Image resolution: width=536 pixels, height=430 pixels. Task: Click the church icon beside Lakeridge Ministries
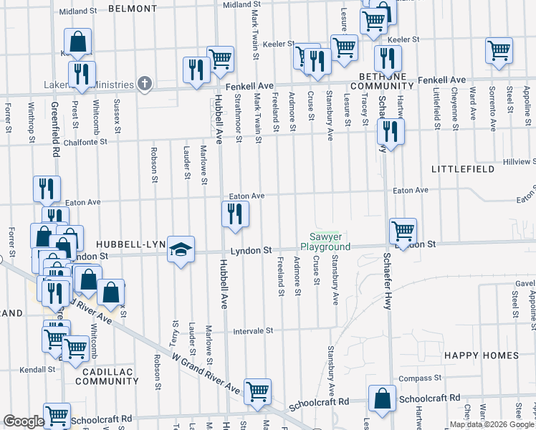(144, 84)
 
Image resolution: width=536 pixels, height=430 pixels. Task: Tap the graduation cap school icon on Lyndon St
(181, 249)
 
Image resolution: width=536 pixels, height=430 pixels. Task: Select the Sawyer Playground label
(330, 242)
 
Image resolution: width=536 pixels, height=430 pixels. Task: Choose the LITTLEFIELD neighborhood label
(463, 168)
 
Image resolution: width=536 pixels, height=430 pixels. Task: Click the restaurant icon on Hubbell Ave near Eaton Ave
(235, 214)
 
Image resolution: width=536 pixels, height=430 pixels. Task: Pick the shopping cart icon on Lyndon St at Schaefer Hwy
(403, 231)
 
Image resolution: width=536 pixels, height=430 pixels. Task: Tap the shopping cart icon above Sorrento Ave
(499, 50)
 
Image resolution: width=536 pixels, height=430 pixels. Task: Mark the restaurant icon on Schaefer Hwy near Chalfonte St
(391, 131)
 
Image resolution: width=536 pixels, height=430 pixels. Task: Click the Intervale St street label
(254, 331)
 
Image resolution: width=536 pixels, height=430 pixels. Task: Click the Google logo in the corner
(23, 422)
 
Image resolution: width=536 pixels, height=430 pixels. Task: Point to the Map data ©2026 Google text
(492, 425)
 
